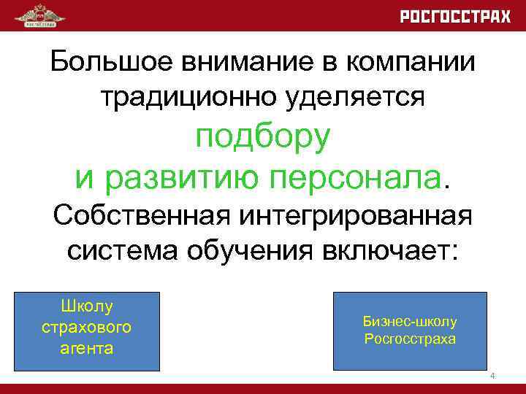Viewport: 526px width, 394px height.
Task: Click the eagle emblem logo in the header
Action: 39,15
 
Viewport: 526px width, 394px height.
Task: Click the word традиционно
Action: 186,96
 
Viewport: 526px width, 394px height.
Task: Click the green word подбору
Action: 262,136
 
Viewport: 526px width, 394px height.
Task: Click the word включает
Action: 394,252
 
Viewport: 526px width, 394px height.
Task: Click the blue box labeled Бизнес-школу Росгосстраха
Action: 409,331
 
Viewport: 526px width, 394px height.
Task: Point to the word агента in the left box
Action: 87,348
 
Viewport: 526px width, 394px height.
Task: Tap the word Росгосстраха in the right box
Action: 409,340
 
